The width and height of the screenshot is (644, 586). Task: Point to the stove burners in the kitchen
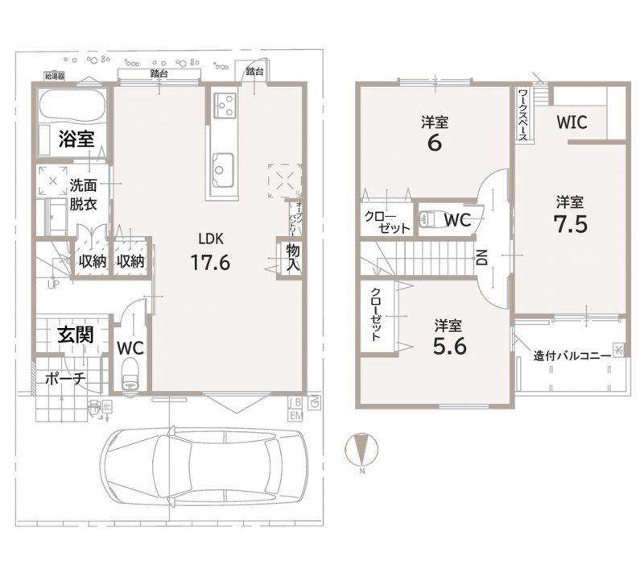click(225, 104)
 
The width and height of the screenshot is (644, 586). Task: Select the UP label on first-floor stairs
click(53, 285)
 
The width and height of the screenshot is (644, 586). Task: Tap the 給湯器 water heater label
click(56, 77)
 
